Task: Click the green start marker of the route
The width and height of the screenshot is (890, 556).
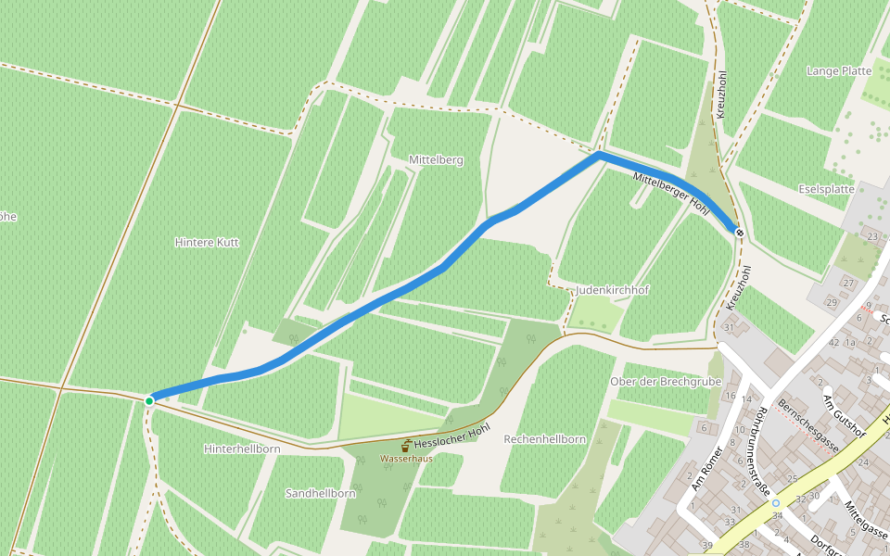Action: (x=149, y=400)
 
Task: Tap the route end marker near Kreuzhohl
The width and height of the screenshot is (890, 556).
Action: (x=739, y=232)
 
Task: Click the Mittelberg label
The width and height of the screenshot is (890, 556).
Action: (x=436, y=160)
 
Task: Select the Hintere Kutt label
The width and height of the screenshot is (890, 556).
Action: (x=207, y=242)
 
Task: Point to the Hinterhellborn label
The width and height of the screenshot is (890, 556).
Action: (x=241, y=449)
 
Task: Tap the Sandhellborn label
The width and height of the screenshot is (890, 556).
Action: (x=321, y=493)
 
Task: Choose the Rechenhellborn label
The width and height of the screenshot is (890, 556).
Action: (x=544, y=438)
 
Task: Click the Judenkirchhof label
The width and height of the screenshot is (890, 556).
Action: (x=612, y=290)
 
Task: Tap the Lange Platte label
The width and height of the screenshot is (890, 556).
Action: (x=839, y=70)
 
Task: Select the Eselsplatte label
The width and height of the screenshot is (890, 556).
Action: (x=826, y=189)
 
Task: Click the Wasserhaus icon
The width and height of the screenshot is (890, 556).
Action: (x=406, y=446)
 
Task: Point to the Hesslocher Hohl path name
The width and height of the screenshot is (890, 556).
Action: (x=451, y=436)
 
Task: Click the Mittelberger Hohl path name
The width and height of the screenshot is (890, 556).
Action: (x=670, y=193)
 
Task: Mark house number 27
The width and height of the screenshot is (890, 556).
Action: (x=847, y=283)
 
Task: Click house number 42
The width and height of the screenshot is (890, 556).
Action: (x=833, y=342)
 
